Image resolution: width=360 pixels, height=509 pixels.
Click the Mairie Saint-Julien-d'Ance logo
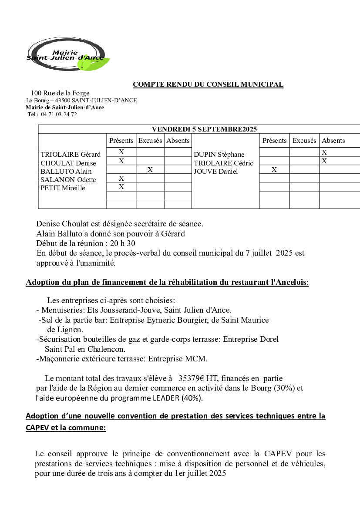click(x=67, y=54)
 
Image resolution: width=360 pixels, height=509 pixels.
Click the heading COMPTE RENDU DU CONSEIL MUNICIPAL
click(x=208, y=84)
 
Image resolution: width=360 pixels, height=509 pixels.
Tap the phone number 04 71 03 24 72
click(x=59, y=115)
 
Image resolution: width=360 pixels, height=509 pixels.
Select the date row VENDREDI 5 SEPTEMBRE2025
click(x=204, y=129)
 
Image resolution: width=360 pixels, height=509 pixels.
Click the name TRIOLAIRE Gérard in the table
click(x=71, y=155)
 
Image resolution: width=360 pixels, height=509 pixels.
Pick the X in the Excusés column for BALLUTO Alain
click(x=150, y=170)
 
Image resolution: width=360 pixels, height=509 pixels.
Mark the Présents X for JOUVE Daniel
click(x=274, y=170)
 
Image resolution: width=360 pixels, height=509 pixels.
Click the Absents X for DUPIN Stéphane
click(x=324, y=152)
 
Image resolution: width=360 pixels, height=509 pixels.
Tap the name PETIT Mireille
click(x=63, y=189)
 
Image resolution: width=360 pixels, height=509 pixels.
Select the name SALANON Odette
click(x=68, y=180)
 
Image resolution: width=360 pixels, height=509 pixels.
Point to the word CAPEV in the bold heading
click(x=38, y=428)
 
